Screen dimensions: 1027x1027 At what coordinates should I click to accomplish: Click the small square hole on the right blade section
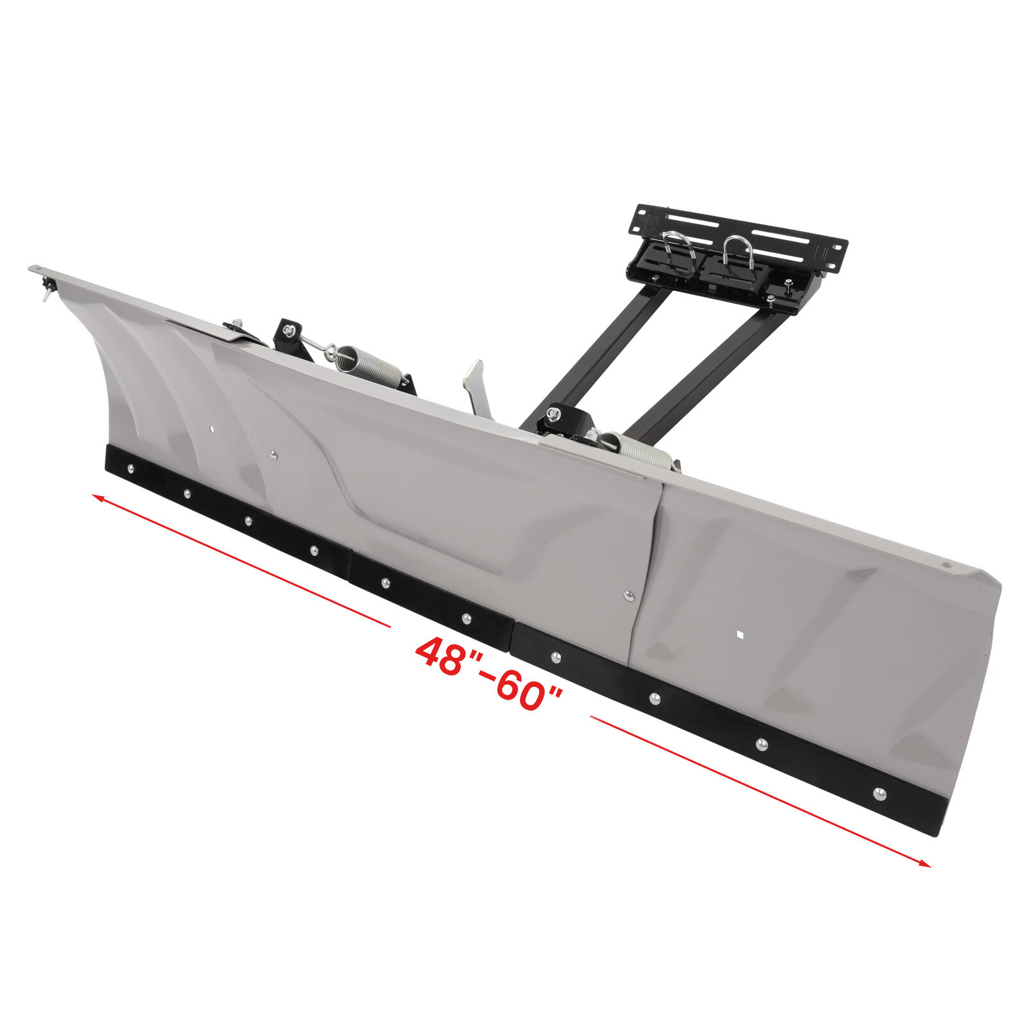coord(739,635)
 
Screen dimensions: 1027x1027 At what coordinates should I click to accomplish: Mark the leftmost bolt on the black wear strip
coord(131,468)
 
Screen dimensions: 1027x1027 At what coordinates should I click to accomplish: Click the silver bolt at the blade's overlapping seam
coord(628,596)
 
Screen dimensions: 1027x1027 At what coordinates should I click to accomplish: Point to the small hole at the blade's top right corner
coord(945,565)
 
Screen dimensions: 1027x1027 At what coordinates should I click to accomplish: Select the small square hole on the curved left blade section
coord(210,428)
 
